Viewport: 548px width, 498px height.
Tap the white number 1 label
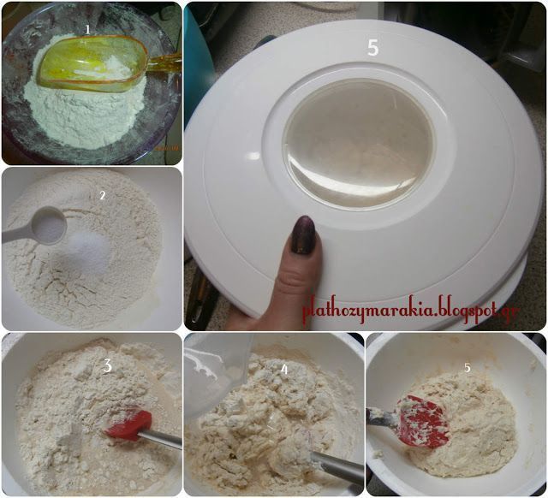pyautogui.click(x=87, y=29)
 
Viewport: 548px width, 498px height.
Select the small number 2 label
pyautogui.click(x=103, y=196)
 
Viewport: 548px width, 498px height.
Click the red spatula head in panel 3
pyautogui.click(x=130, y=425)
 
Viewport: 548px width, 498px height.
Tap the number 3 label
pyautogui.click(x=108, y=366)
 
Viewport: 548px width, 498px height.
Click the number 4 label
pyautogui.click(x=285, y=370)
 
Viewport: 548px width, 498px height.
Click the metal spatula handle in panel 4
pyautogui.click(x=337, y=467)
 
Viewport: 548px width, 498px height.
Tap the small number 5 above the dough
pyautogui.click(x=468, y=368)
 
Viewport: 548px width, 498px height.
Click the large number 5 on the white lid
pyautogui.click(x=373, y=48)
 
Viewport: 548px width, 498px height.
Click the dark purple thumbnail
pyautogui.click(x=303, y=234)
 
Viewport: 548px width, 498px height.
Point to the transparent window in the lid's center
pyautogui.click(x=359, y=143)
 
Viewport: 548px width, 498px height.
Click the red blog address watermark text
pyautogui.click(x=411, y=310)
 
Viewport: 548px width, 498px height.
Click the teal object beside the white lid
pyautogui.click(x=197, y=62)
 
